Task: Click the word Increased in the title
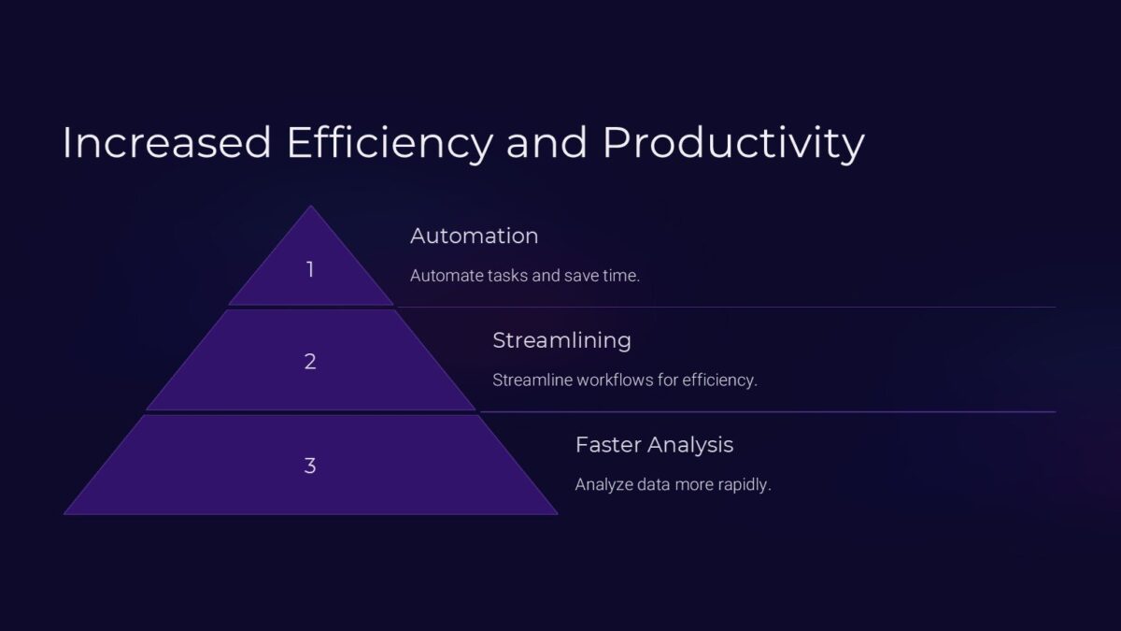pos(166,143)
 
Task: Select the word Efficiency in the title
pos(390,144)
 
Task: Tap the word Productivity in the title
pos(733,144)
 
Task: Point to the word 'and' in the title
pos(546,143)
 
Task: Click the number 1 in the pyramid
pos(310,269)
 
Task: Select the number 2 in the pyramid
pos(310,361)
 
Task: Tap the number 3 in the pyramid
pos(310,466)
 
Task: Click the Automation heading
pos(474,236)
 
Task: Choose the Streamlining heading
pos(561,340)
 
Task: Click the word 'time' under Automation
pos(621,276)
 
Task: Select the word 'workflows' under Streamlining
pos(615,380)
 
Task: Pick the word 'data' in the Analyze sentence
pos(653,485)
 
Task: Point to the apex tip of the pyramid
pos(310,206)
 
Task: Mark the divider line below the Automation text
pos(727,307)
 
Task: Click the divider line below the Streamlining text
pos(768,411)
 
